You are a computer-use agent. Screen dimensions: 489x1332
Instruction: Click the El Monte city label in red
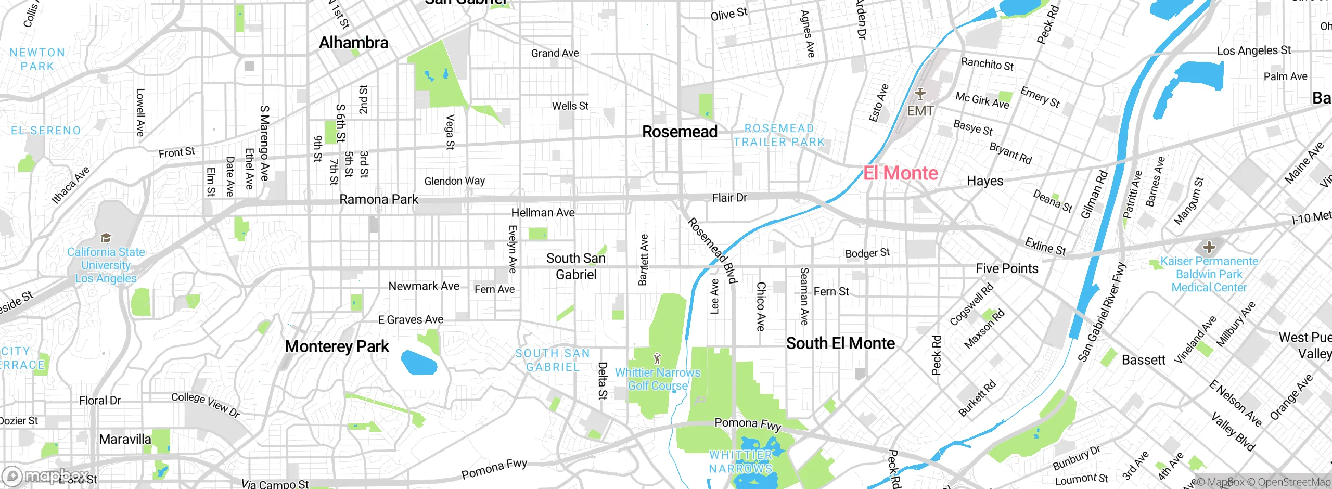coord(900,173)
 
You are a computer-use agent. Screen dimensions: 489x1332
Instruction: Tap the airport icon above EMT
coord(920,94)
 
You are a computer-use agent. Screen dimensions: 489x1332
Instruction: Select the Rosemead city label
coord(680,132)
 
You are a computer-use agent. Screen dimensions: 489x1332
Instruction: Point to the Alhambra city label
coord(353,43)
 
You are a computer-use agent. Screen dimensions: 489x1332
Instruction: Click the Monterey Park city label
coord(337,346)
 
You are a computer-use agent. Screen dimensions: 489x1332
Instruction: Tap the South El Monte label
coord(840,343)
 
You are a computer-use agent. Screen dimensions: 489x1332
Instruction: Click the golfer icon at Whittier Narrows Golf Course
coord(657,358)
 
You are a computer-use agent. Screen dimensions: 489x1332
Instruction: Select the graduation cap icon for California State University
coord(106,238)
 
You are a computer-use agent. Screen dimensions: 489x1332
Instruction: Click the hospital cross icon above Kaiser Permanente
coord(1209,247)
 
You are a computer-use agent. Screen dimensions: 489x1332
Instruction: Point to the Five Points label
coord(1007,269)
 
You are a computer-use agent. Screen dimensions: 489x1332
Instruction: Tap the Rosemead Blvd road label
coord(712,250)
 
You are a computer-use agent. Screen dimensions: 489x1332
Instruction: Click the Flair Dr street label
coord(729,198)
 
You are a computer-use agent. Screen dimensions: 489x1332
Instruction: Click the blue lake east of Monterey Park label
coord(419,363)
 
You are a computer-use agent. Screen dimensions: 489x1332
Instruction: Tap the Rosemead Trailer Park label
coord(779,135)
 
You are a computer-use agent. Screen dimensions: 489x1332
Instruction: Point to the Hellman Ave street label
coord(543,213)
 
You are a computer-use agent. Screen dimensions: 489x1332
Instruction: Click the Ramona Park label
coord(378,200)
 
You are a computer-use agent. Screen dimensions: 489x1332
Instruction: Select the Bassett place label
coord(1143,360)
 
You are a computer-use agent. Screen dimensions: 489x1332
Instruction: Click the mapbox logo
coord(47,475)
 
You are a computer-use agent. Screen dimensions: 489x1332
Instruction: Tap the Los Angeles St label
coord(1253,51)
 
